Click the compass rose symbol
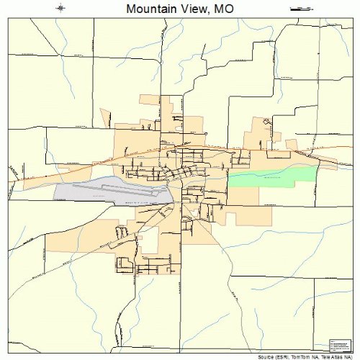(x=60, y=9)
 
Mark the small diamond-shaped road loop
(x=266, y=123)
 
